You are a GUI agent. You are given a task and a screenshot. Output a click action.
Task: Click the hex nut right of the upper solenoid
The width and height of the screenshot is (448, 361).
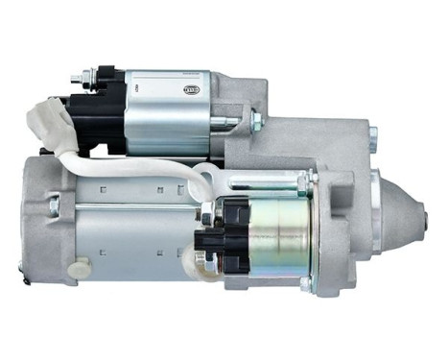click(x=255, y=120)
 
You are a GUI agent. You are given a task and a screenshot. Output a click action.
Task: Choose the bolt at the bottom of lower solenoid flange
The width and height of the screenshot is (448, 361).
click(x=307, y=283)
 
